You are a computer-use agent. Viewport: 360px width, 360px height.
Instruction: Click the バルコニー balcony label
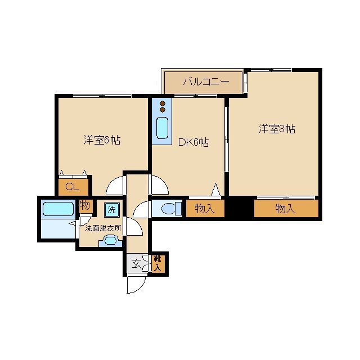coord(205,82)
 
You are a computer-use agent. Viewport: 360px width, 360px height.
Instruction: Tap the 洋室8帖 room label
coord(277,129)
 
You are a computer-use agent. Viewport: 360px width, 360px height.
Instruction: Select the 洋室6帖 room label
coord(102,140)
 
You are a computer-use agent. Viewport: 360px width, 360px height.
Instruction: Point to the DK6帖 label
coord(193,142)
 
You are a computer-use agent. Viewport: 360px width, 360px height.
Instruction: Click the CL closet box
coord(73,187)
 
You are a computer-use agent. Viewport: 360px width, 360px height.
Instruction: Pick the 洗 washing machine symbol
coord(111,209)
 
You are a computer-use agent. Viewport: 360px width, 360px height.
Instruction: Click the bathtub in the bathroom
coord(58,210)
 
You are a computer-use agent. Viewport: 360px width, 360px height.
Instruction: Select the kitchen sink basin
coord(163,128)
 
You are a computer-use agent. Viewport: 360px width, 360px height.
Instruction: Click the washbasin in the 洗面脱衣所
coord(109,242)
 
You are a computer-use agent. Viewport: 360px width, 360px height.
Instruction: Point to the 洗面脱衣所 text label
coord(102,228)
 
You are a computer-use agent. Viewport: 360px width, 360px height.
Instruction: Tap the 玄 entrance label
coord(136,263)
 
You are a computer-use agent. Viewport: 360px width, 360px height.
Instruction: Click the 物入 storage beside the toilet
coord(205,209)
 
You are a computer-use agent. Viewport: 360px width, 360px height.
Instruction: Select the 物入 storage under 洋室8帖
coord(286,209)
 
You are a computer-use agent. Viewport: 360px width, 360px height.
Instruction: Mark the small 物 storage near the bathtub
coord(85,206)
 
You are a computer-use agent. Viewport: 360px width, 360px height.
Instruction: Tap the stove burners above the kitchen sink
coord(163,106)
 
